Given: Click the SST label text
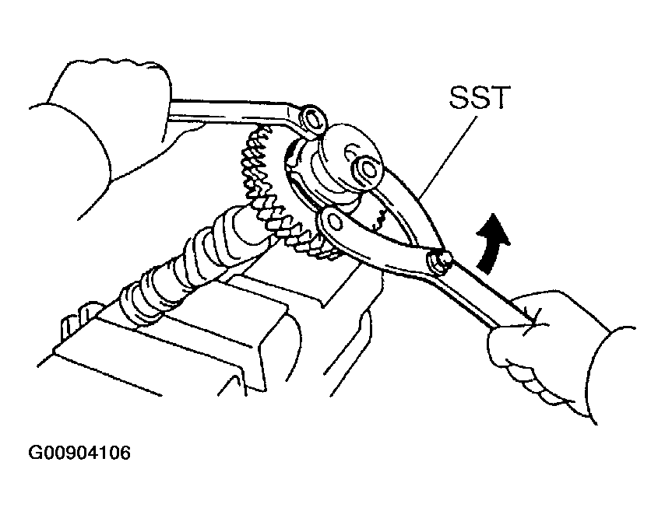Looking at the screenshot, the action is tap(479, 97).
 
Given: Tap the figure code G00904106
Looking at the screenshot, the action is tap(79, 453).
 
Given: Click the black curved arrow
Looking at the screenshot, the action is tap(491, 243).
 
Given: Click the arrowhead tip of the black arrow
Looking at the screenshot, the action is tap(494, 213).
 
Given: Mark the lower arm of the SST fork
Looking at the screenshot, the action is tap(373, 241).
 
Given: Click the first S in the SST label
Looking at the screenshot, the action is tap(459, 97).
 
